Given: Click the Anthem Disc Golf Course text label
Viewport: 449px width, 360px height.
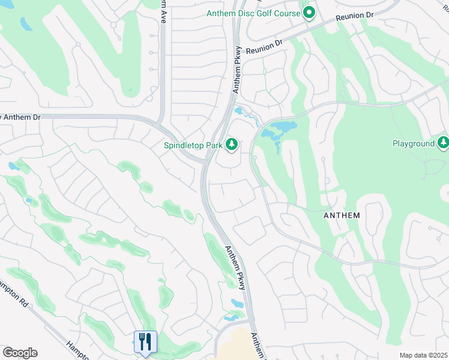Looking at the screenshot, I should click(253, 13).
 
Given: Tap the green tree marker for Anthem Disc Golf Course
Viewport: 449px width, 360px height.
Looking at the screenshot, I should click(309, 13).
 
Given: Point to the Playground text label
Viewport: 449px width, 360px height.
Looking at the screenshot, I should click(413, 143).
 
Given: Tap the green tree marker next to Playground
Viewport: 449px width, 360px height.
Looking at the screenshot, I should click(443, 143).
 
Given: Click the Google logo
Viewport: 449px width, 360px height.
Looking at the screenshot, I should click(20, 353).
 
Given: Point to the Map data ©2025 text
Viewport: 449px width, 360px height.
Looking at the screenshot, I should click(423, 355).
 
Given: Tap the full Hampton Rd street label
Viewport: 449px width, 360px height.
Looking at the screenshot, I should click(13, 294).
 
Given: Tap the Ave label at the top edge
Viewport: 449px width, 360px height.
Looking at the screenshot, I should click(161, 11).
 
